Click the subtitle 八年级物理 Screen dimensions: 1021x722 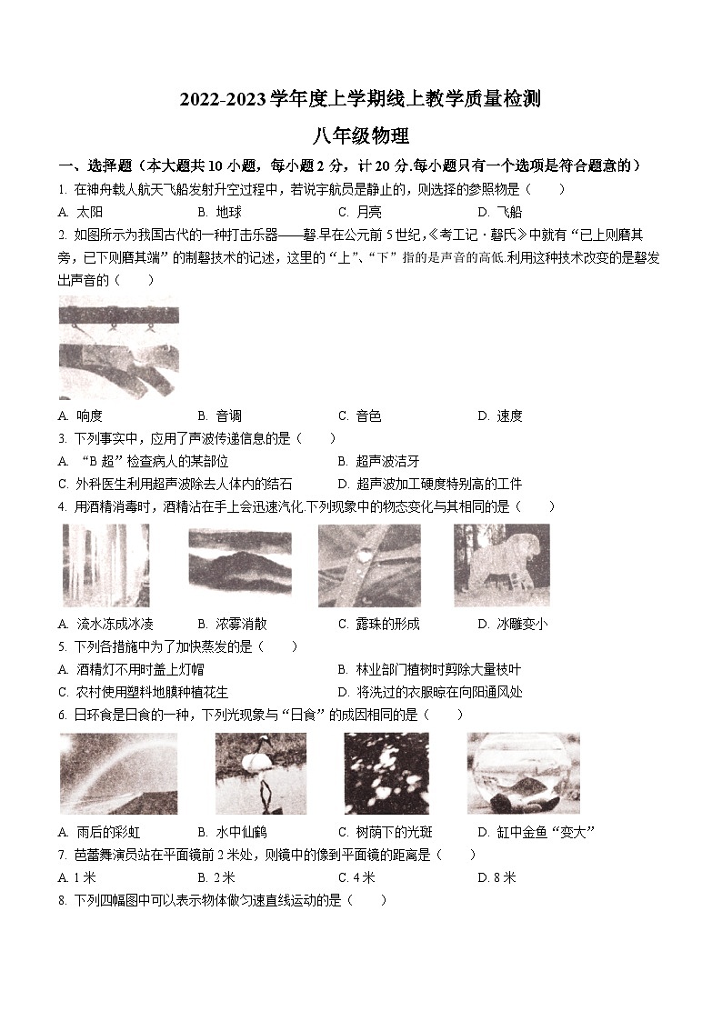[x=360, y=136]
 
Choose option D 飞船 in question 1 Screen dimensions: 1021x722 [x=499, y=212]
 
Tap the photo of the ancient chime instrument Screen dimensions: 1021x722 [x=118, y=346]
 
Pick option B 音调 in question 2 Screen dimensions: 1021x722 [x=219, y=415]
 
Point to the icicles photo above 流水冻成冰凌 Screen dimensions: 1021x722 [x=105, y=565]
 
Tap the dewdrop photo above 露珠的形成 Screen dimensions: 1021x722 [x=369, y=565]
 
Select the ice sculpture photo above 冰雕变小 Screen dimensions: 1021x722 [x=501, y=565]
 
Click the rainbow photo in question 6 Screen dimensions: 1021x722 [x=118, y=773]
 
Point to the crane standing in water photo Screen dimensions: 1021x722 [x=260, y=773]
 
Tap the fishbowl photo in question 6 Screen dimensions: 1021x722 [x=523, y=773]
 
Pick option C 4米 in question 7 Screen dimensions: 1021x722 [x=356, y=877]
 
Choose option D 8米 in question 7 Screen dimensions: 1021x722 [x=496, y=877]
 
